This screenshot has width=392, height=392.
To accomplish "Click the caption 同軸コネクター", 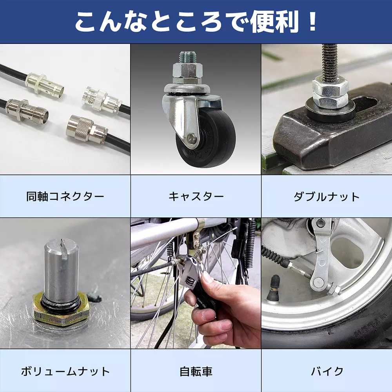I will [x=65, y=196].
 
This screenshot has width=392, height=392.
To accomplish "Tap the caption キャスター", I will [x=196, y=196].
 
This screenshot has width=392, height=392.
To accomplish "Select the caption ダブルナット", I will [x=327, y=196].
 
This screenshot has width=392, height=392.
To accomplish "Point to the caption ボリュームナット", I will [x=65, y=371].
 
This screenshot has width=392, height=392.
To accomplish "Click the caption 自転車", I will [x=196, y=371].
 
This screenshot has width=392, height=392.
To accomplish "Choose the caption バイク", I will [x=327, y=371].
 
